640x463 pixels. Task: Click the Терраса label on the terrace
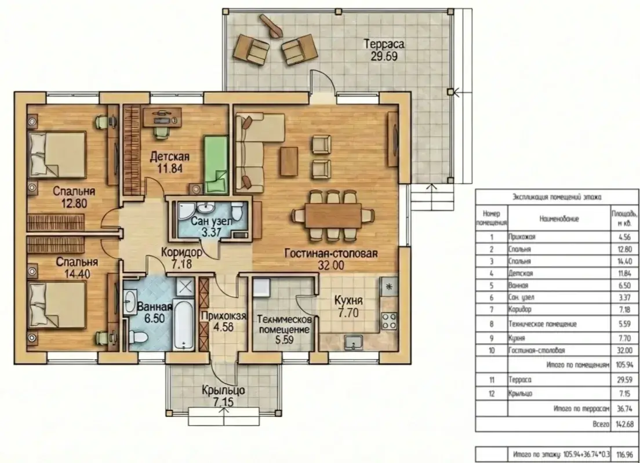(384, 43)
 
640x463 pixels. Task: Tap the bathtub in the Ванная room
(184, 325)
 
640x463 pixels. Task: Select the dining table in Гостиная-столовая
(333, 216)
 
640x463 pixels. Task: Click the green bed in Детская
(215, 165)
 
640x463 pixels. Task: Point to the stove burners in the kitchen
(389, 320)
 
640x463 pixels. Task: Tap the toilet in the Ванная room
(137, 337)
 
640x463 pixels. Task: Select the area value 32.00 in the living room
(331, 265)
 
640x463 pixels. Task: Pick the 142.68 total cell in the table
(624, 424)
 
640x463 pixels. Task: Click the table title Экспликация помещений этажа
(557, 198)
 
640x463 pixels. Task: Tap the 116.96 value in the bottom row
(624, 454)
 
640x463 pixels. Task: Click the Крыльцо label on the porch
(224, 391)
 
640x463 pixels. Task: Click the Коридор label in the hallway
(181, 253)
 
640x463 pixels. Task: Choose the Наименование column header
(559, 219)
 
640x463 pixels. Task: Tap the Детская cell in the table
(521, 274)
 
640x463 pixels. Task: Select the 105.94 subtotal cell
(624, 364)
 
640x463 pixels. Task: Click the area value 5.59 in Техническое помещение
(284, 340)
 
